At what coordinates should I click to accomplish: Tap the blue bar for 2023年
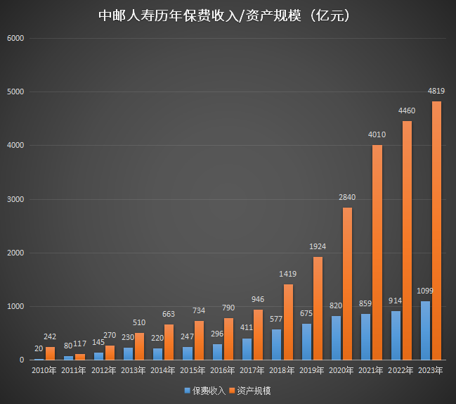[x=425, y=331]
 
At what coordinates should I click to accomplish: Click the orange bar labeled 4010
[x=377, y=253]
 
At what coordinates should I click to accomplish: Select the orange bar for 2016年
[x=228, y=339]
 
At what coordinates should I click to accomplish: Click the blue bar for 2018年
[x=276, y=345]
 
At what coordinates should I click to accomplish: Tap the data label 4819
[x=436, y=91]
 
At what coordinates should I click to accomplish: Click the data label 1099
[x=424, y=291]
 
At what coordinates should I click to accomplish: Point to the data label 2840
[x=347, y=198]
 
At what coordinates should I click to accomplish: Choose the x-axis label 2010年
[x=45, y=370]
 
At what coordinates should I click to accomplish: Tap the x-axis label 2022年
[x=400, y=370]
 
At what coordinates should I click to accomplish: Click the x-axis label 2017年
[x=252, y=370]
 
